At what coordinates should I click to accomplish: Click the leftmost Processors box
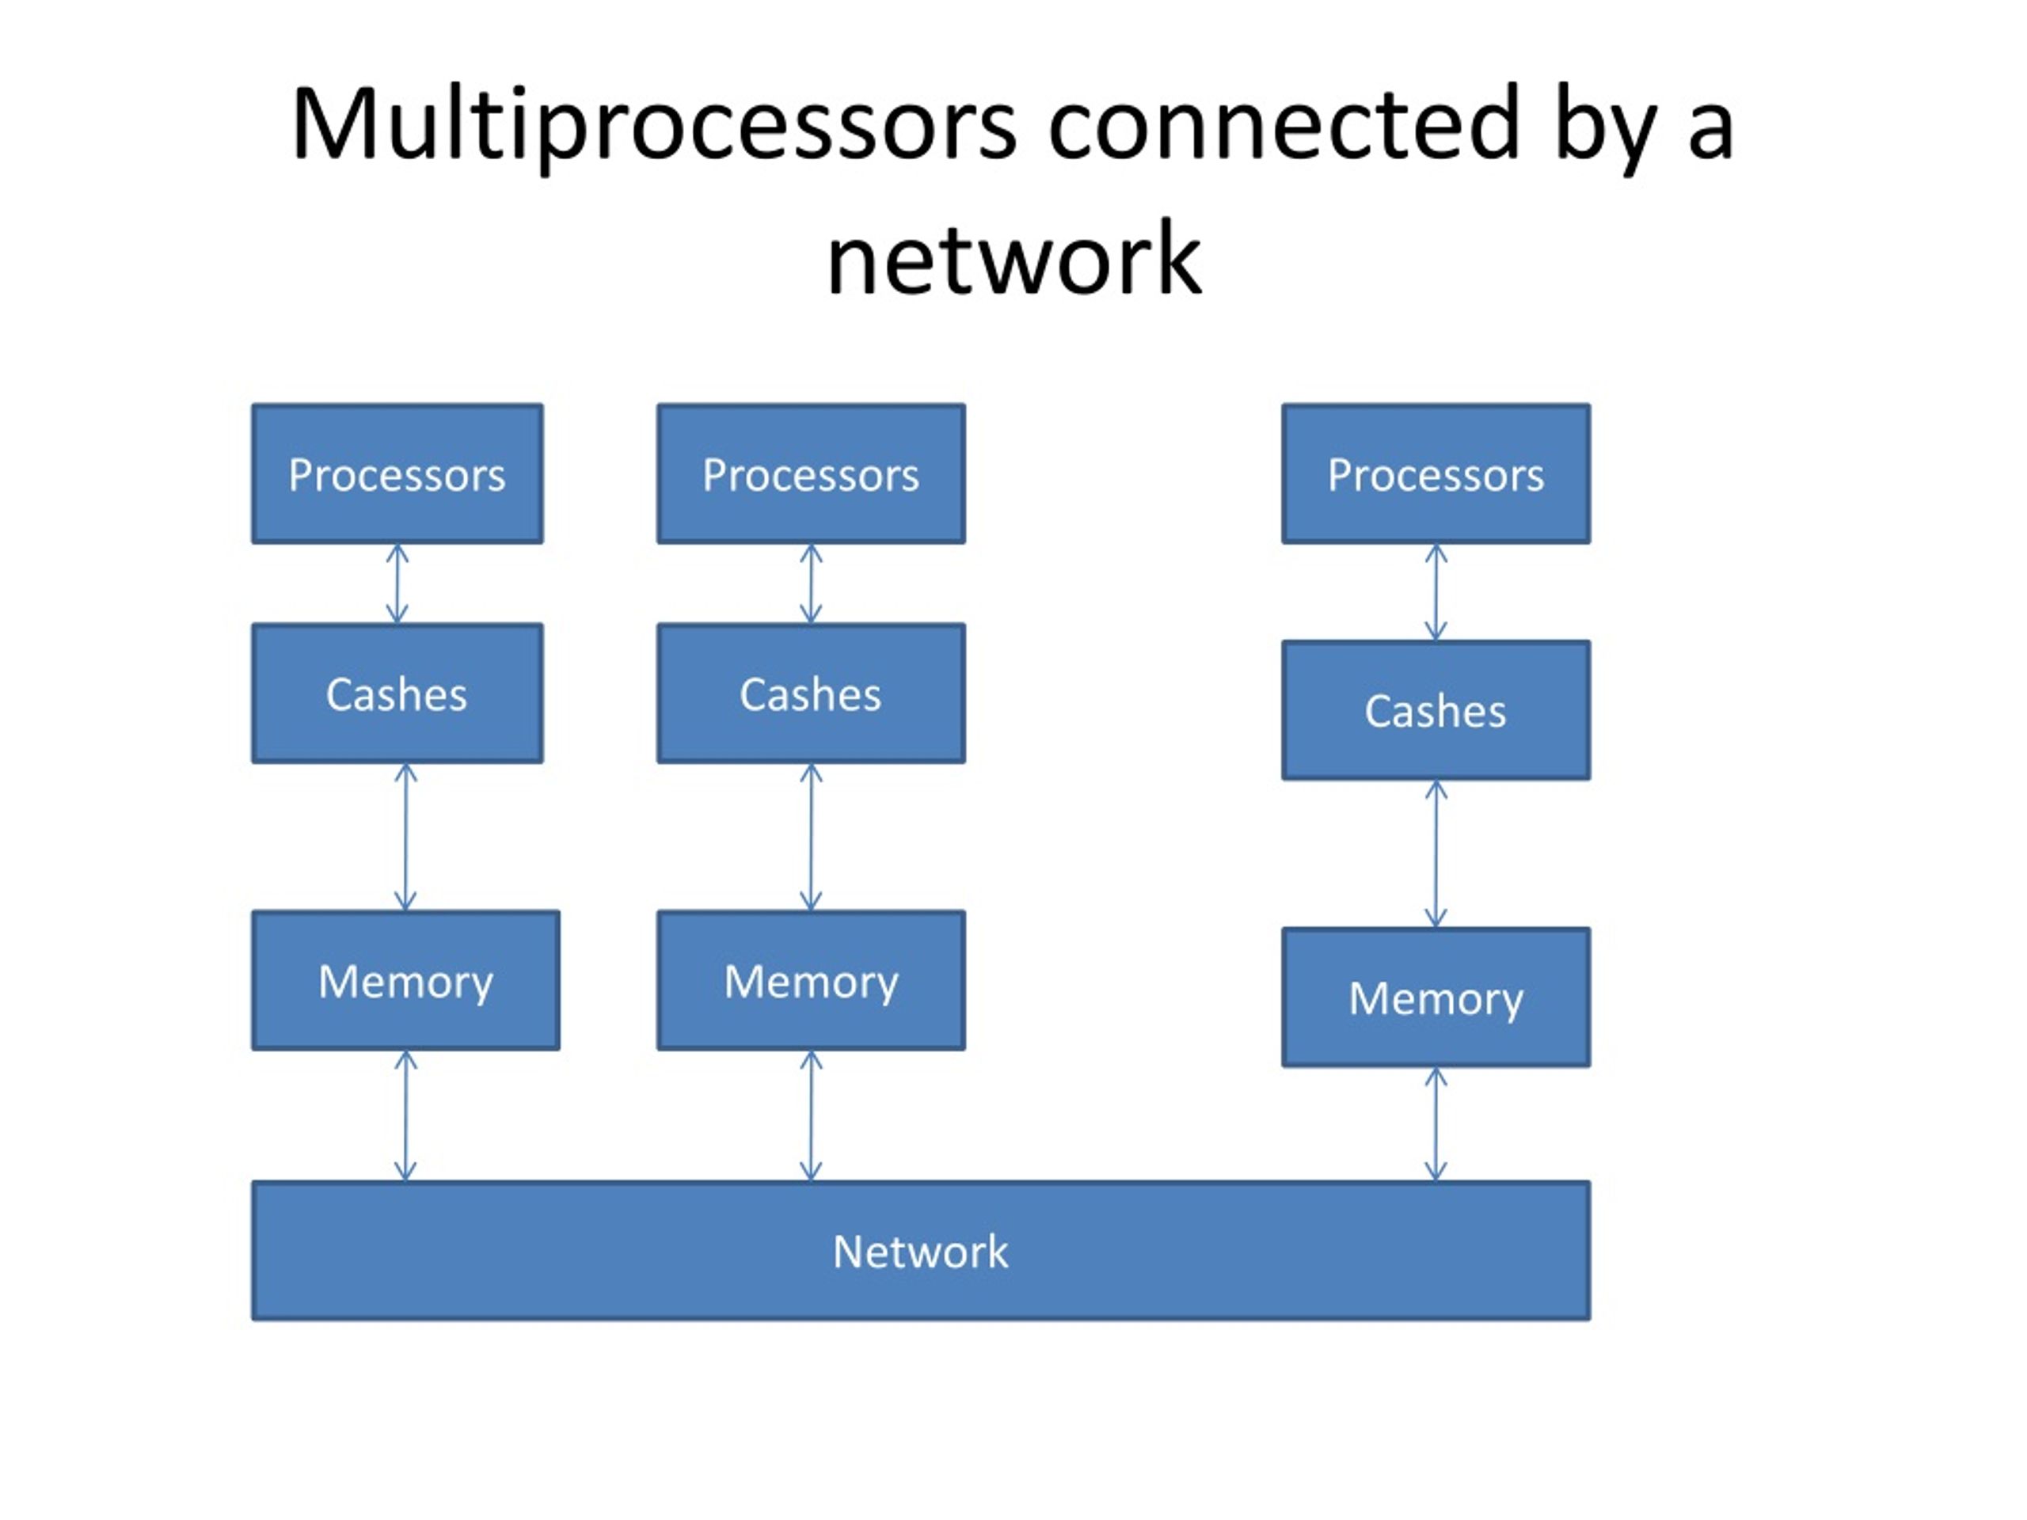click(x=397, y=473)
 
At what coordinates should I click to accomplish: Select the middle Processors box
click(x=811, y=473)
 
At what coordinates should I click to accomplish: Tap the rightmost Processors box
click(x=1436, y=473)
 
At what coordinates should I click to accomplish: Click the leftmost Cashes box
click(x=397, y=693)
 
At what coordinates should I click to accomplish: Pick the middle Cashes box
click(x=811, y=693)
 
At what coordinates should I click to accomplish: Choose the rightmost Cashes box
click(x=1436, y=710)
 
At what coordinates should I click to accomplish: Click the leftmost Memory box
click(x=406, y=980)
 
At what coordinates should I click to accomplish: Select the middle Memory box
click(x=811, y=980)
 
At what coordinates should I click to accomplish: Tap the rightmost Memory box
click(x=1436, y=997)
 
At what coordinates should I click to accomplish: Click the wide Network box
click(x=921, y=1251)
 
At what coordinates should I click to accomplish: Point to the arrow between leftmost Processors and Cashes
click(x=397, y=583)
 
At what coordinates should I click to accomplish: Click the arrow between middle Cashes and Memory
click(x=811, y=838)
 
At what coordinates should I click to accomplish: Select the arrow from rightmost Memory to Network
click(x=1436, y=1124)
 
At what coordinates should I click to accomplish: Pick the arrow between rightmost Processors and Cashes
click(x=1436, y=592)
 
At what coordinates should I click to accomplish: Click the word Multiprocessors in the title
click(x=653, y=127)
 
